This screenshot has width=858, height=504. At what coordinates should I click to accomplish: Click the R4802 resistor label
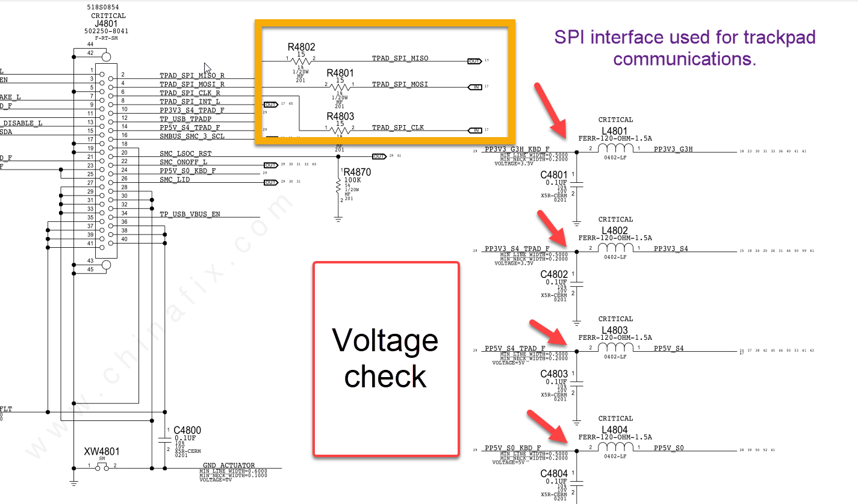(x=301, y=46)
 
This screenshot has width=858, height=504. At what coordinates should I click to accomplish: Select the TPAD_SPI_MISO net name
(x=400, y=58)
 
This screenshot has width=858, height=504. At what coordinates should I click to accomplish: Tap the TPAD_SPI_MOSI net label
(x=400, y=84)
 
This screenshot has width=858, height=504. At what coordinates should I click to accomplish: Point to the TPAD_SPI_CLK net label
(x=397, y=128)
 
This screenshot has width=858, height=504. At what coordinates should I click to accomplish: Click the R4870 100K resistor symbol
(x=338, y=189)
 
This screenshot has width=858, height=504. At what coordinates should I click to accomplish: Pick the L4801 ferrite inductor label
(x=615, y=131)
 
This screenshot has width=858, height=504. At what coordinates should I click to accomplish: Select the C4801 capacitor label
(x=554, y=175)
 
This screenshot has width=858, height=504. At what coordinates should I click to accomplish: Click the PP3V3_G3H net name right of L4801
(x=673, y=149)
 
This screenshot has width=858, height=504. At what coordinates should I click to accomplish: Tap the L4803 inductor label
(x=615, y=330)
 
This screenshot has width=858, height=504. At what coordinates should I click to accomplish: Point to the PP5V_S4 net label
(x=668, y=349)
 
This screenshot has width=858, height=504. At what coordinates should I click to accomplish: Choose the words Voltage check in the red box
(x=385, y=358)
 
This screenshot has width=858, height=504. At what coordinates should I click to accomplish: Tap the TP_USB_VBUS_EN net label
(x=190, y=214)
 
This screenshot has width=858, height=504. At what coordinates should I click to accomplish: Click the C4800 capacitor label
(x=187, y=431)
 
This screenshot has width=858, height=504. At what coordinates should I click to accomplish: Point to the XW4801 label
(x=102, y=451)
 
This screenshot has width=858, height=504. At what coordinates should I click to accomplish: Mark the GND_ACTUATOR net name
(x=228, y=466)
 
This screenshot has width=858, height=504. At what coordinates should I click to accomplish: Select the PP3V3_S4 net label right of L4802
(x=671, y=249)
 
